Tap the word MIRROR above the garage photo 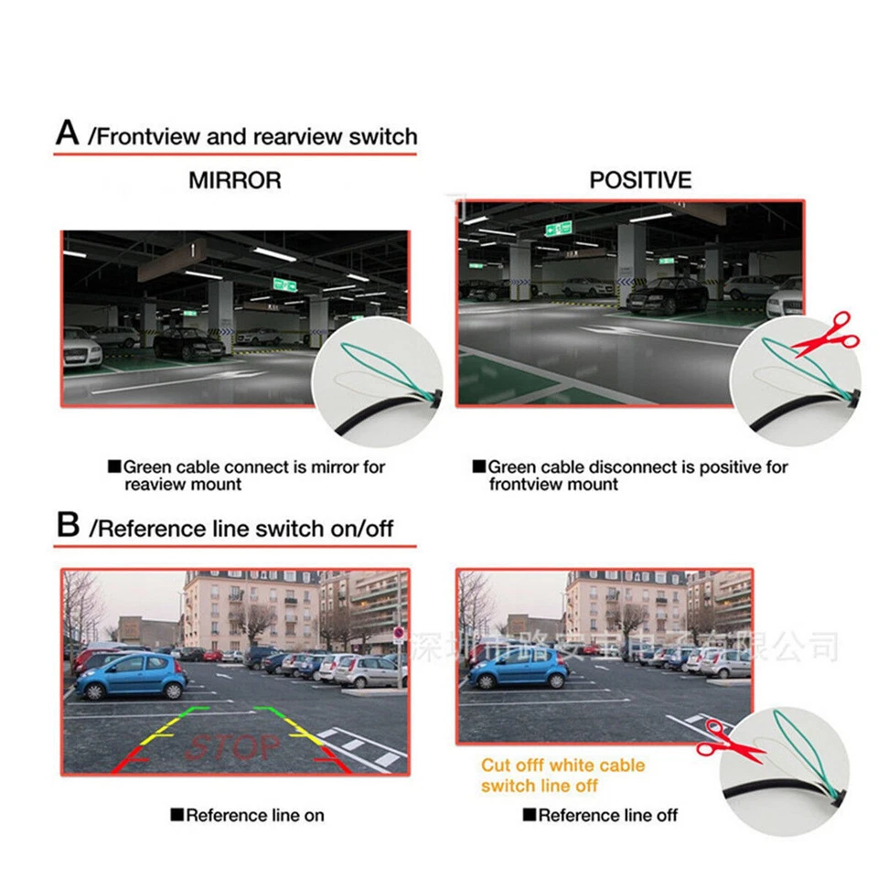[x=235, y=180]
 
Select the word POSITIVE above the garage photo [x=640, y=180]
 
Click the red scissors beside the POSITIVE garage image [x=827, y=337]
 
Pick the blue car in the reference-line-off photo [x=518, y=669]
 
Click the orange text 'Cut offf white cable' [x=562, y=765]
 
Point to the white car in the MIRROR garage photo [x=81, y=348]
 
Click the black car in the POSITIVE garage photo [x=666, y=294]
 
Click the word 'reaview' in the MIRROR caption [x=155, y=484]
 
